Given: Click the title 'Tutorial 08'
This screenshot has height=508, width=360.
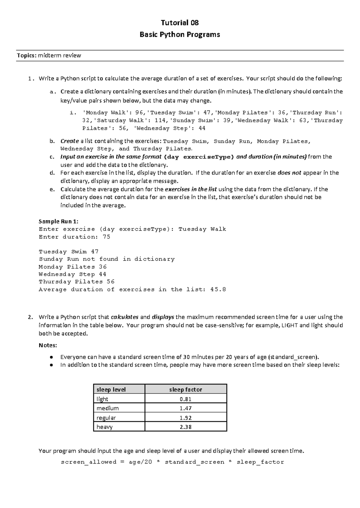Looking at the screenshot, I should click(180, 23).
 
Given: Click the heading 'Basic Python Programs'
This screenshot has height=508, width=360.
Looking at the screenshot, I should click(180, 34).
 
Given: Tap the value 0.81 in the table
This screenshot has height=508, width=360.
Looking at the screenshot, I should click(185, 399).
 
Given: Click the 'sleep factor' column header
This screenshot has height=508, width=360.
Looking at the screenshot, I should click(185, 389).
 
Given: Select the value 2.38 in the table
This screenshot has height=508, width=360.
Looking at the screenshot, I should click(185, 427).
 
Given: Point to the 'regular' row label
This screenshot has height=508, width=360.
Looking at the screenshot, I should click(106, 418).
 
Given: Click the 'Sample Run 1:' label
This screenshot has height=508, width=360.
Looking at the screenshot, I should click(58, 221).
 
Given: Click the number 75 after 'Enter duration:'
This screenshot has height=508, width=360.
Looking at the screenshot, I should click(106, 237).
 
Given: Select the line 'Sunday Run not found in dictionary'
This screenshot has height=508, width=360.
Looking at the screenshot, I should click(106, 259).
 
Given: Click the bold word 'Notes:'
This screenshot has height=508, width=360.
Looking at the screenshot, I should click(48, 345).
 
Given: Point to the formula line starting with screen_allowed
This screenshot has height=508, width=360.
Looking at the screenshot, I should click(172, 462).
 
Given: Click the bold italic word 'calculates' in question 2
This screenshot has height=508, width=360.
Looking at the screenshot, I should click(124, 317).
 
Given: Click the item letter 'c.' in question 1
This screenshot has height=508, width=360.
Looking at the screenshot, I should click(52, 157).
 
